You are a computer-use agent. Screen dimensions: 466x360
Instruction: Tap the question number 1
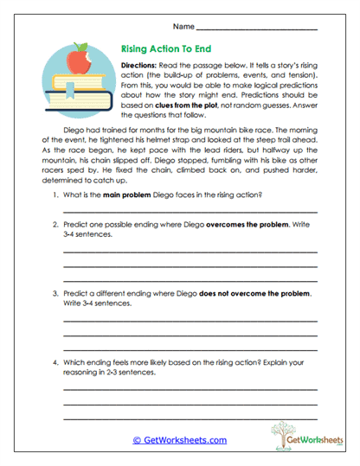(x=56, y=195)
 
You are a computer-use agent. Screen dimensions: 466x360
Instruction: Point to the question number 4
(x=56, y=362)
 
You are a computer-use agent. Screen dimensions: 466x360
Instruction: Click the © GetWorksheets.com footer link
(x=179, y=439)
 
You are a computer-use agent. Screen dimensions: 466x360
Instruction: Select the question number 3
(x=56, y=294)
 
